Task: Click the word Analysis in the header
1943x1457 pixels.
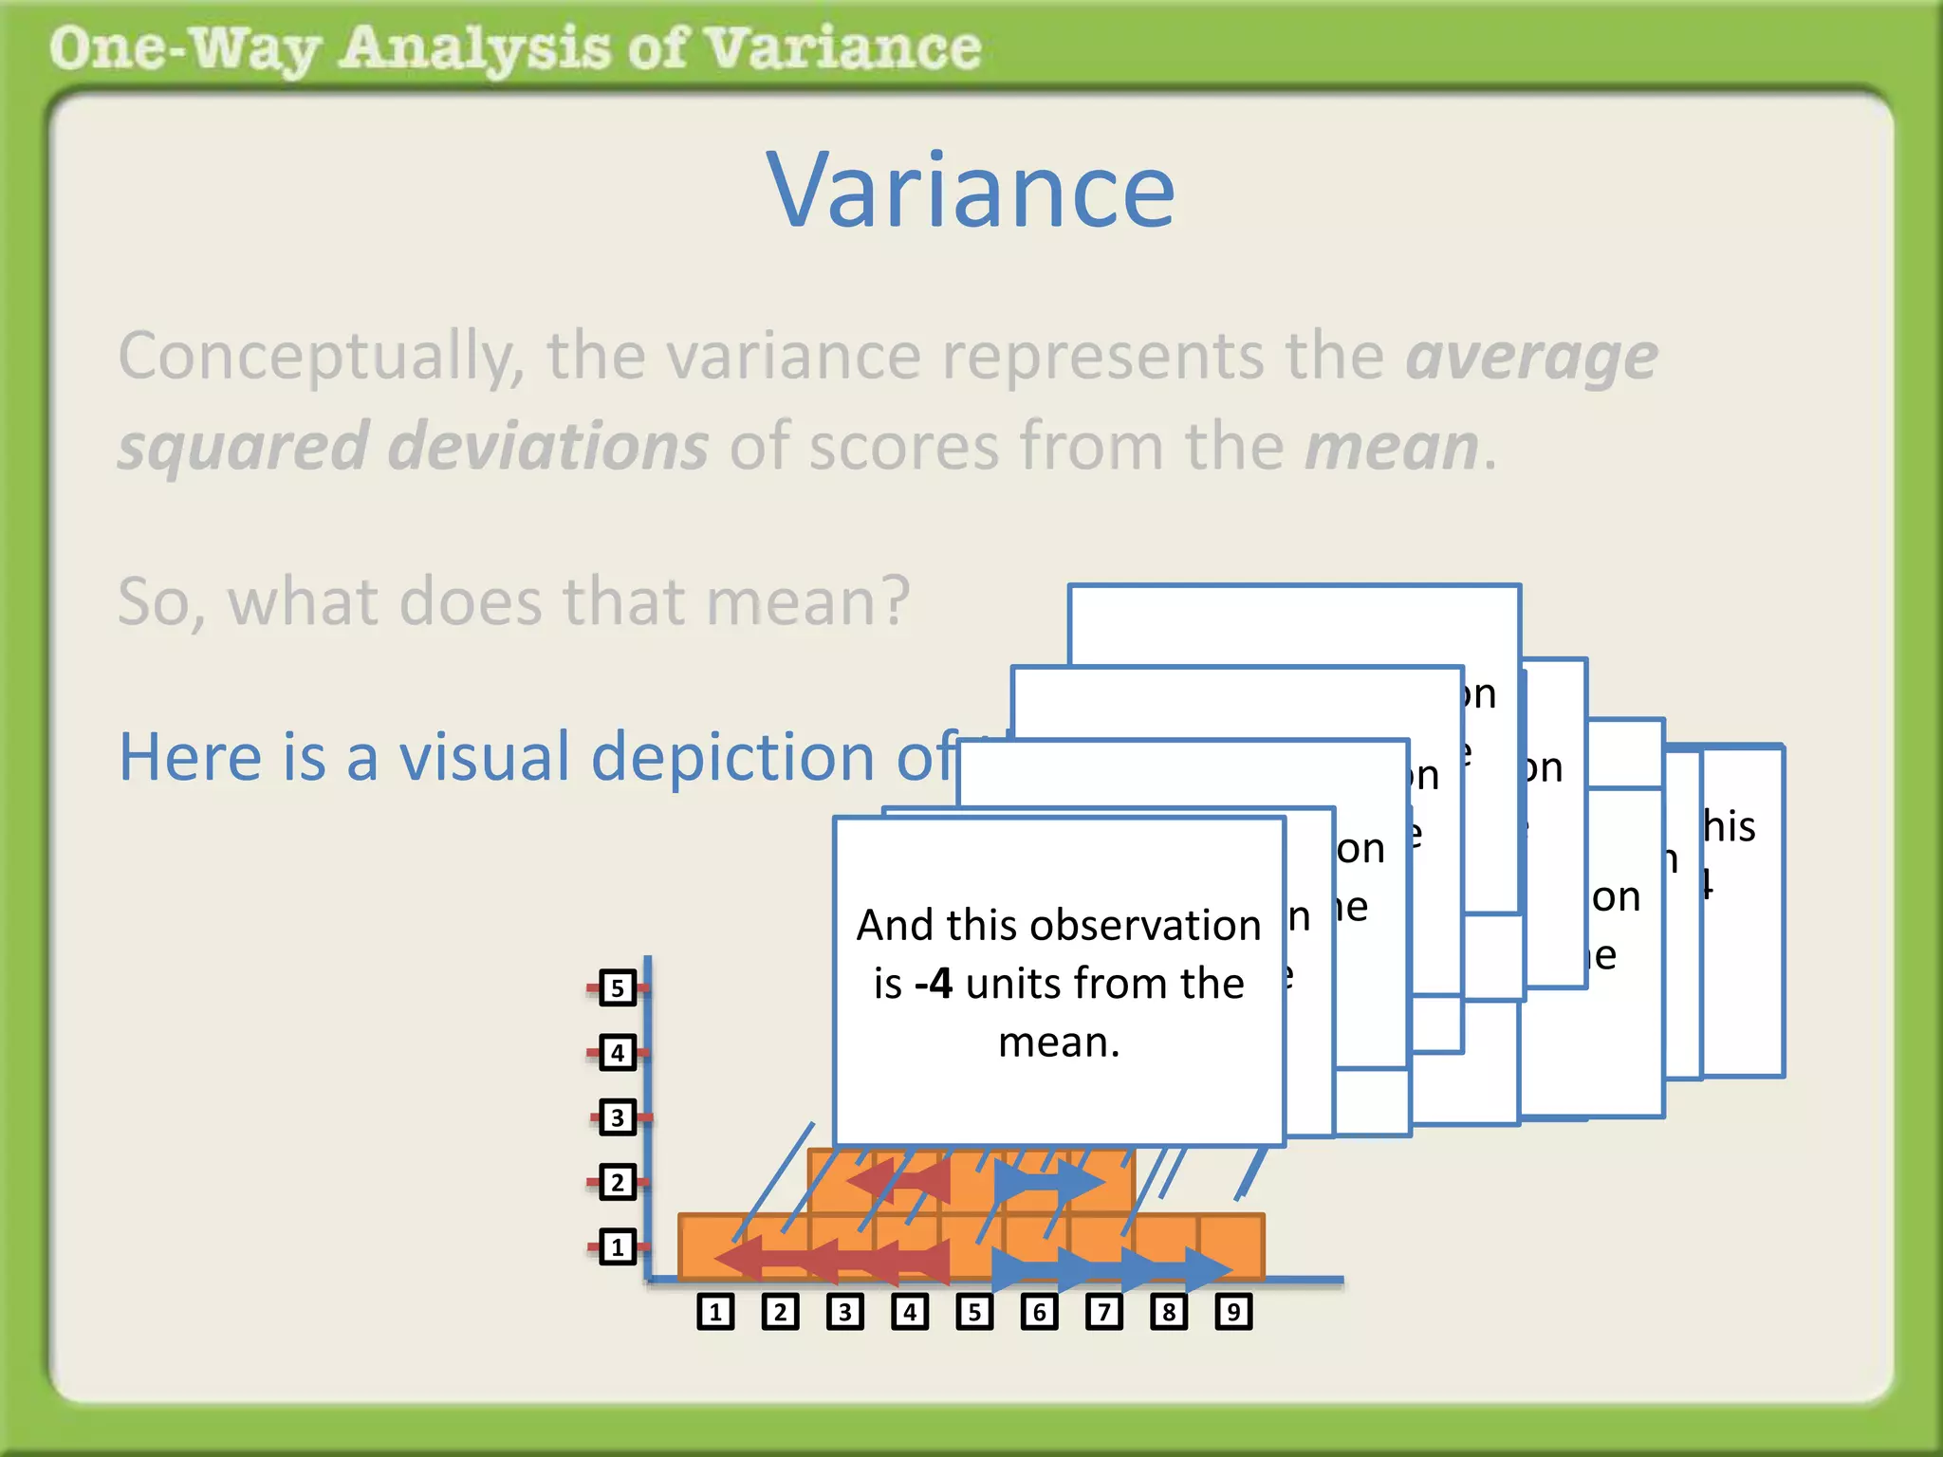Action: [474, 49]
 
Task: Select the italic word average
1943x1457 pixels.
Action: [1531, 358]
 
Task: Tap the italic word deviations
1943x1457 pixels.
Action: [548, 446]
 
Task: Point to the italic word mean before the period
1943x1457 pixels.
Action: [1391, 446]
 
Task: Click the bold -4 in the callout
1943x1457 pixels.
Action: [934, 984]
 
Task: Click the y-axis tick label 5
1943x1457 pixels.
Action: [618, 988]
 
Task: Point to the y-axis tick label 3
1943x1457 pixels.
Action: [618, 1117]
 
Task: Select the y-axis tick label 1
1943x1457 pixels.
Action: [618, 1246]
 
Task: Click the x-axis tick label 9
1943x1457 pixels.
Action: [1233, 1312]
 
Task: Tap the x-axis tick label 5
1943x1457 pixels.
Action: [974, 1312]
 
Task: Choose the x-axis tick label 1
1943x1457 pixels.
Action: [715, 1312]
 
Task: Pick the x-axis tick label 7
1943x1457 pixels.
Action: [1104, 1312]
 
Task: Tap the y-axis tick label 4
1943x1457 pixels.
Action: [618, 1053]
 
